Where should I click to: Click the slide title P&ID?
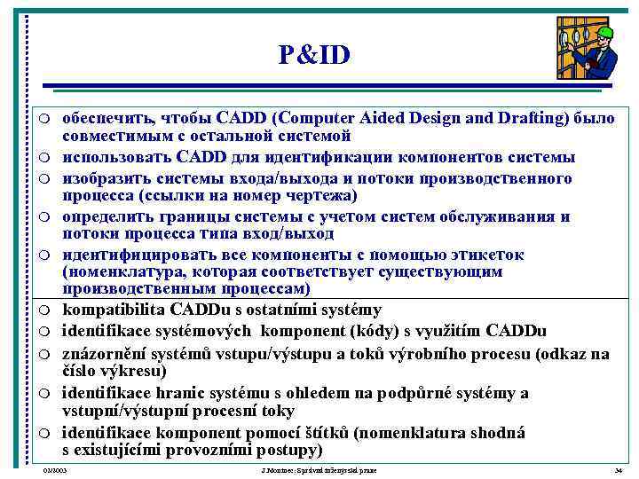tap(314, 56)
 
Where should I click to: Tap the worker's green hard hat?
tap(605, 35)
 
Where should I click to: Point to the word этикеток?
tap(486, 255)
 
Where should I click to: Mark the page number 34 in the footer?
tap(619, 470)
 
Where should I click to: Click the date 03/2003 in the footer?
tap(55, 470)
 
